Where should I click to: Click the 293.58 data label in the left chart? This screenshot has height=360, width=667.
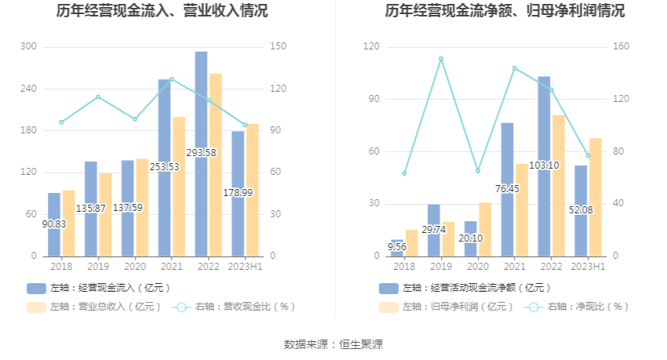(x=201, y=152)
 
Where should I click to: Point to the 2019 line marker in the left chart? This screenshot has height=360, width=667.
(x=98, y=97)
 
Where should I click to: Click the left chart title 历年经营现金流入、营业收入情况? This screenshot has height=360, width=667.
(x=162, y=12)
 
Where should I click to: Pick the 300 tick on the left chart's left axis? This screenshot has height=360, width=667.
(x=29, y=47)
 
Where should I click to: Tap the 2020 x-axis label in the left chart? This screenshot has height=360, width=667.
(x=135, y=267)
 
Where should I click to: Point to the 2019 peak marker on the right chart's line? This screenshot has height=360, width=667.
(x=441, y=59)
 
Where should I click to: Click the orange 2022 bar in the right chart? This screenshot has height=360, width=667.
(x=558, y=185)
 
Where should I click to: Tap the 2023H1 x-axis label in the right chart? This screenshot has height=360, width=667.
(x=588, y=267)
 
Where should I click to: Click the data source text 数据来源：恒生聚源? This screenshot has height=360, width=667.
(x=333, y=344)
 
